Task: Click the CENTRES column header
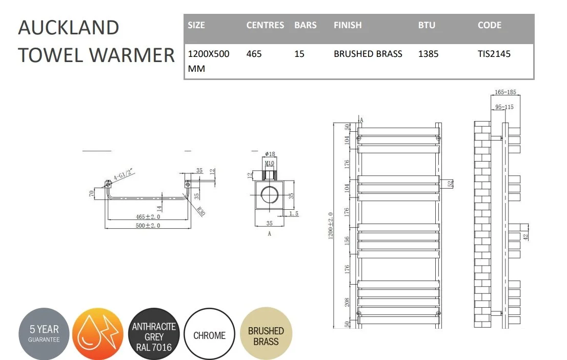pyautogui.click(x=265, y=25)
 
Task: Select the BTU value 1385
pyautogui.click(x=428, y=54)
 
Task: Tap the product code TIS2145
pyautogui.click(x=494, y=54)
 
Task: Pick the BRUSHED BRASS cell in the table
pyautogui.click(x=368, y=54)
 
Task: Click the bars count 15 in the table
pyautogui.click(x=299, y=54)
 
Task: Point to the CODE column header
pyautogui.click(x=490, y=25)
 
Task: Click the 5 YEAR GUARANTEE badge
pyautogui.click(x=44, y=333)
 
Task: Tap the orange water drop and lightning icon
pyautogui.click(x=97, y=333)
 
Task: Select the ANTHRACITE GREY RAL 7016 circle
pyautogui.click(x=154, y=333)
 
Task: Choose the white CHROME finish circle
pyautogui.click(x=209, y=333)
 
